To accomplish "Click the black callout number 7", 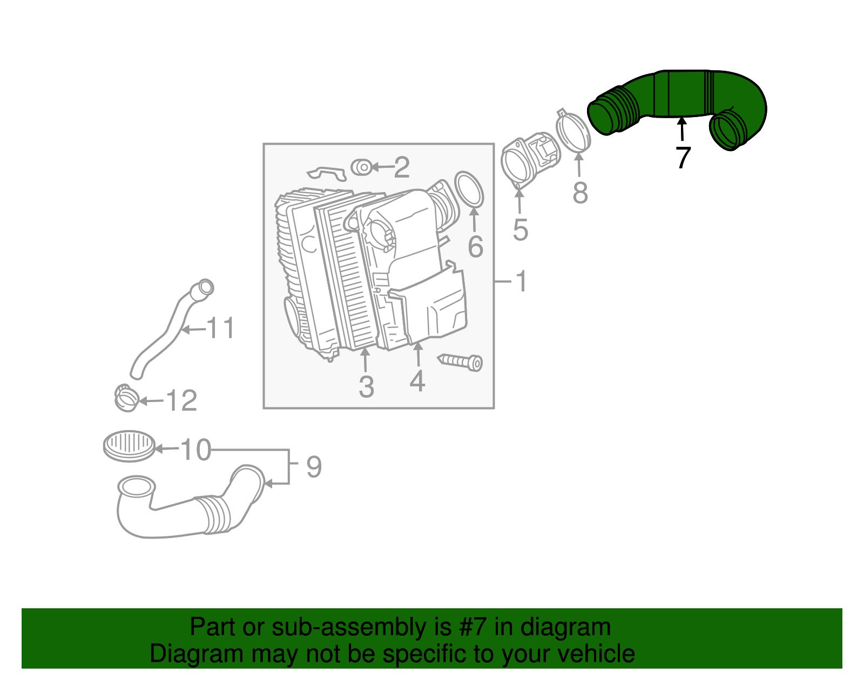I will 683,158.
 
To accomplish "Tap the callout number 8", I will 580,193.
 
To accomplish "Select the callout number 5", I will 520,230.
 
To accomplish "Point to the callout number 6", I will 475,247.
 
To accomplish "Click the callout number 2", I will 401,168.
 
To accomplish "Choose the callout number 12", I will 181,401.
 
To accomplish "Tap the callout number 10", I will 195,450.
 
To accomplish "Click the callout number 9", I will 314,467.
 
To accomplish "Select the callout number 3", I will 366,387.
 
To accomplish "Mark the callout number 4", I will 417,381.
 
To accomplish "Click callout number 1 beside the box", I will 521,282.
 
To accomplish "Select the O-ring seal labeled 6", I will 469,189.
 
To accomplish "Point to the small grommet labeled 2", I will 361,167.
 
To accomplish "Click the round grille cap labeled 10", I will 129,446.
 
